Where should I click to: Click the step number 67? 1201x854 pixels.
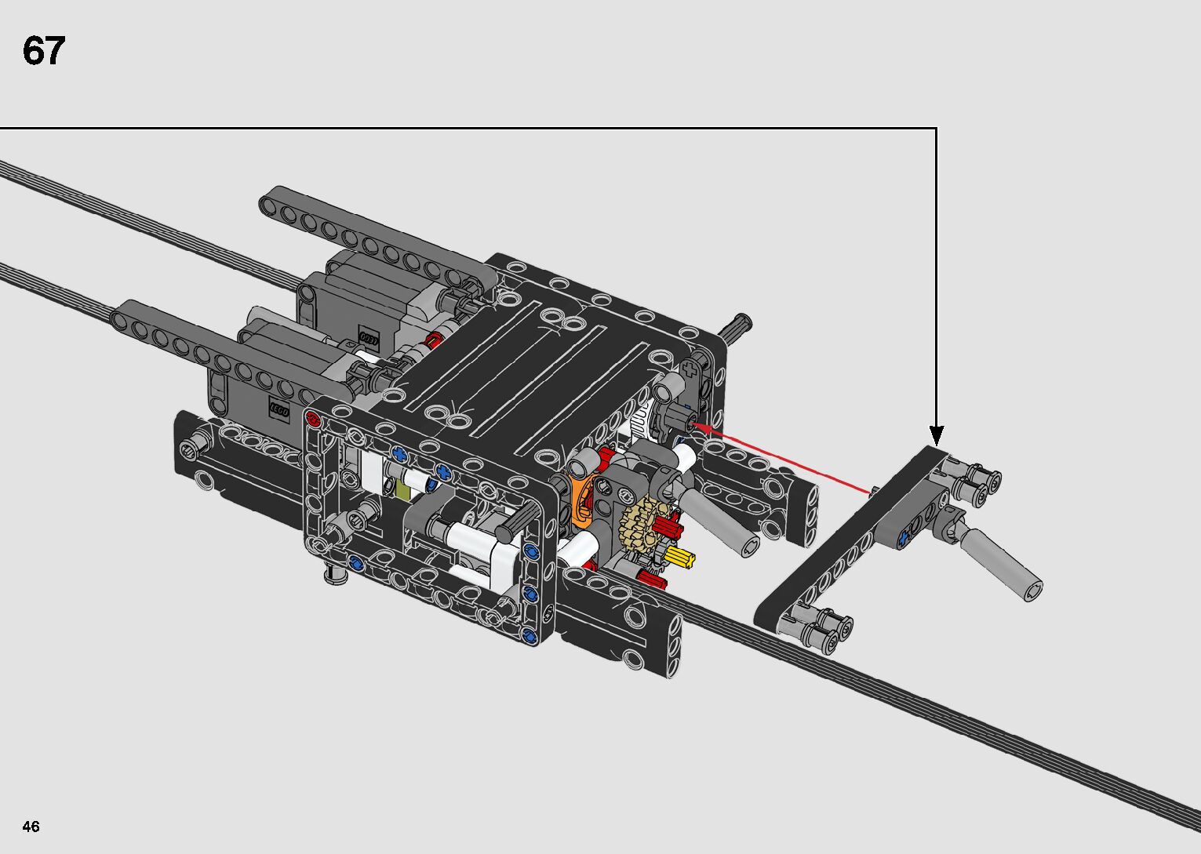44,51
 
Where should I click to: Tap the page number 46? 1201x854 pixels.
31,826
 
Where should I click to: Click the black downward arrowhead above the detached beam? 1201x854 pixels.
936,435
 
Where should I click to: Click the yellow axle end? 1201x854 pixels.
681,558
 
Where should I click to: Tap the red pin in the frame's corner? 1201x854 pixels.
312,420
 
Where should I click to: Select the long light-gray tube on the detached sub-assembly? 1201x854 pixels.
1001,563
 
